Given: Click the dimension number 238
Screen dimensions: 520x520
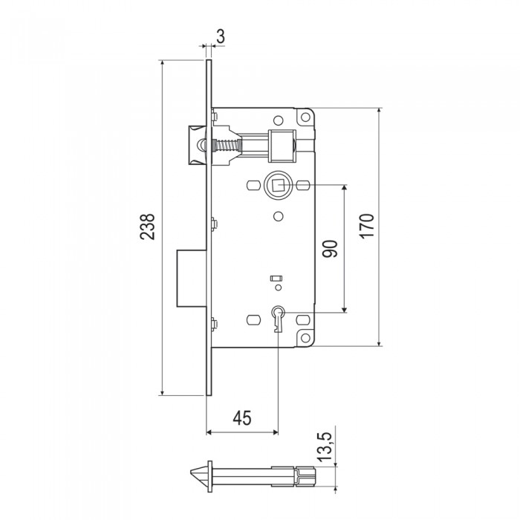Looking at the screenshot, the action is coord(147,227).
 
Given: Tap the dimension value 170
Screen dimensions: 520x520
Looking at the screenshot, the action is coord(367,226).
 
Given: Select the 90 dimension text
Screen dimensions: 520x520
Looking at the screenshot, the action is coord(330,249).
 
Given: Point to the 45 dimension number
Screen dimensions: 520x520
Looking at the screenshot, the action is coord(242,417).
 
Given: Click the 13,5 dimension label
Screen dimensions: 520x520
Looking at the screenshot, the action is coord(324,446).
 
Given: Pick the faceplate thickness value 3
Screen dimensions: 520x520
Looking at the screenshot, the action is coord(221,36).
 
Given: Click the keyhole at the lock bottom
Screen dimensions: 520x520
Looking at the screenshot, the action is coord(278,319).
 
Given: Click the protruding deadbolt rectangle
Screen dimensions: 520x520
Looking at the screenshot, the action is coord(192,279).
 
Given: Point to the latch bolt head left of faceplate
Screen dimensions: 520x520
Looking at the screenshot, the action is coord(198,145).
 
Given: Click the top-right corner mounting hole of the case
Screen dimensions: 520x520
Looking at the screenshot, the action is coord(305,117).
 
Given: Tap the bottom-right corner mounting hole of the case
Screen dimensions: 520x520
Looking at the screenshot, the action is coord(305,338).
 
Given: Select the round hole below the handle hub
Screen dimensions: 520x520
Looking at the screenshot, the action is coord(279,216).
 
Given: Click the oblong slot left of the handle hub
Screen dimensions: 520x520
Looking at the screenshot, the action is coord(253,185).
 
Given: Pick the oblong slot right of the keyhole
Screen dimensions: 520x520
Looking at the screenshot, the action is coord(302,320).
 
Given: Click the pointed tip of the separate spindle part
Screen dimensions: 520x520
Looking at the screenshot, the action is coord(191,472).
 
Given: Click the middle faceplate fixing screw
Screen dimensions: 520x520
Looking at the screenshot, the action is coord(214,224).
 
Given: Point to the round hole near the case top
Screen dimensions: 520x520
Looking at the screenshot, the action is coord(278,120).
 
